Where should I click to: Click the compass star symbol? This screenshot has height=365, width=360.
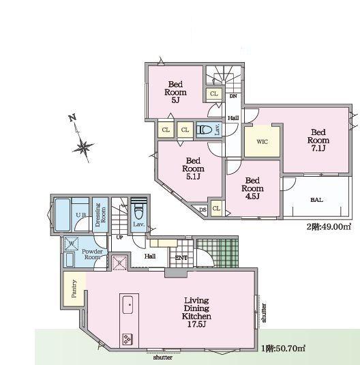click(x=83, y=147)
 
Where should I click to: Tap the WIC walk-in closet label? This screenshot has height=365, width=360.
click(x=262, y=142)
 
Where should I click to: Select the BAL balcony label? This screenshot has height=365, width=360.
click(x=317, y=200)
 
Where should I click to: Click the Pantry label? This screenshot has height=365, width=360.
click(x=74, y=289)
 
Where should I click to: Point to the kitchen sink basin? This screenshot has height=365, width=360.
click(x=127, y=305)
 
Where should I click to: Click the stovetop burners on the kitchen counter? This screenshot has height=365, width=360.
click(x=127, y=339)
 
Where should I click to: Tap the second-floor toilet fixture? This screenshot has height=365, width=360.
click(x=205, y=130)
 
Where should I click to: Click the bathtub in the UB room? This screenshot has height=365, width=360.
click(x=63, y=214)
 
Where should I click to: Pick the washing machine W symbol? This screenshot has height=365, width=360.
click(x=71, y=244)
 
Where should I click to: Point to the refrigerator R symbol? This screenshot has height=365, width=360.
click(x=119, y=263)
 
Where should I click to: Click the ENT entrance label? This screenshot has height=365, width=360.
click(x=181, y=258)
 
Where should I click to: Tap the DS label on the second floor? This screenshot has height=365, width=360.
click(x=203, y=209)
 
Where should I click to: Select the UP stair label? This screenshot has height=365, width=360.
click(x=119, y=237)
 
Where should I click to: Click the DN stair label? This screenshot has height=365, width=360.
click(x=233, y=96)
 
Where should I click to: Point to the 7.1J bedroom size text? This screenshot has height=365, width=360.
click(x=318, y=148)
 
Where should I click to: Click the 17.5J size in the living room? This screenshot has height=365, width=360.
click(x=197, y=324)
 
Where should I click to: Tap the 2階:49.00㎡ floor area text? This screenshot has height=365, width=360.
click(x=329, y=227)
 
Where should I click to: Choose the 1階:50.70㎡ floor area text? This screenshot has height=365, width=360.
click(x=283, y=349)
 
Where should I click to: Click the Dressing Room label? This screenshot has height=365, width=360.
click(x=100, y=215)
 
